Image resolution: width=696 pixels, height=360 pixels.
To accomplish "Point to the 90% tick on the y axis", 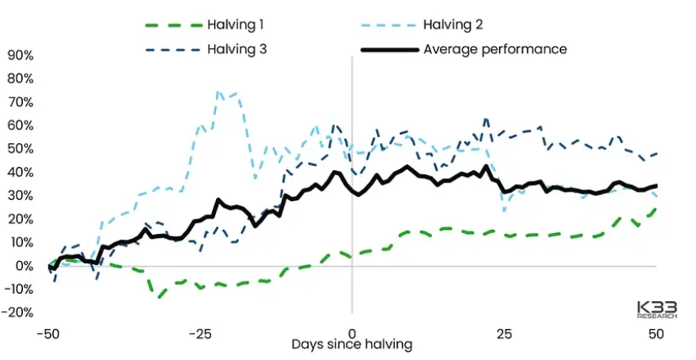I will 20,56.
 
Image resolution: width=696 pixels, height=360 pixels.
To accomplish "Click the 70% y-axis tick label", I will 20,102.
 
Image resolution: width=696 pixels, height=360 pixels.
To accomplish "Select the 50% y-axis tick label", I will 20,149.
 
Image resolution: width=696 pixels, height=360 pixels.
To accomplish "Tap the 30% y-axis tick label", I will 20,196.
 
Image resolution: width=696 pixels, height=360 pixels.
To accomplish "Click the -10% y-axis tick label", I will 18,289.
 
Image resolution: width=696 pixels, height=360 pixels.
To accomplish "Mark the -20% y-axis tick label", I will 18,313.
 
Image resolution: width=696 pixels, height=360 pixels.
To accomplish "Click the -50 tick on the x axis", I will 49,334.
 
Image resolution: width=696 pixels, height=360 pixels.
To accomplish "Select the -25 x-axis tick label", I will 200,334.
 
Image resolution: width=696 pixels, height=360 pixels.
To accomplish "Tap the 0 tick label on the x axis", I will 352,334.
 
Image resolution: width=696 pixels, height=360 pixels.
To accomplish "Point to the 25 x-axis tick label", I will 504,334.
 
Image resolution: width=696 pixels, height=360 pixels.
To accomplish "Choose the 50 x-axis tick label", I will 655,334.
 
